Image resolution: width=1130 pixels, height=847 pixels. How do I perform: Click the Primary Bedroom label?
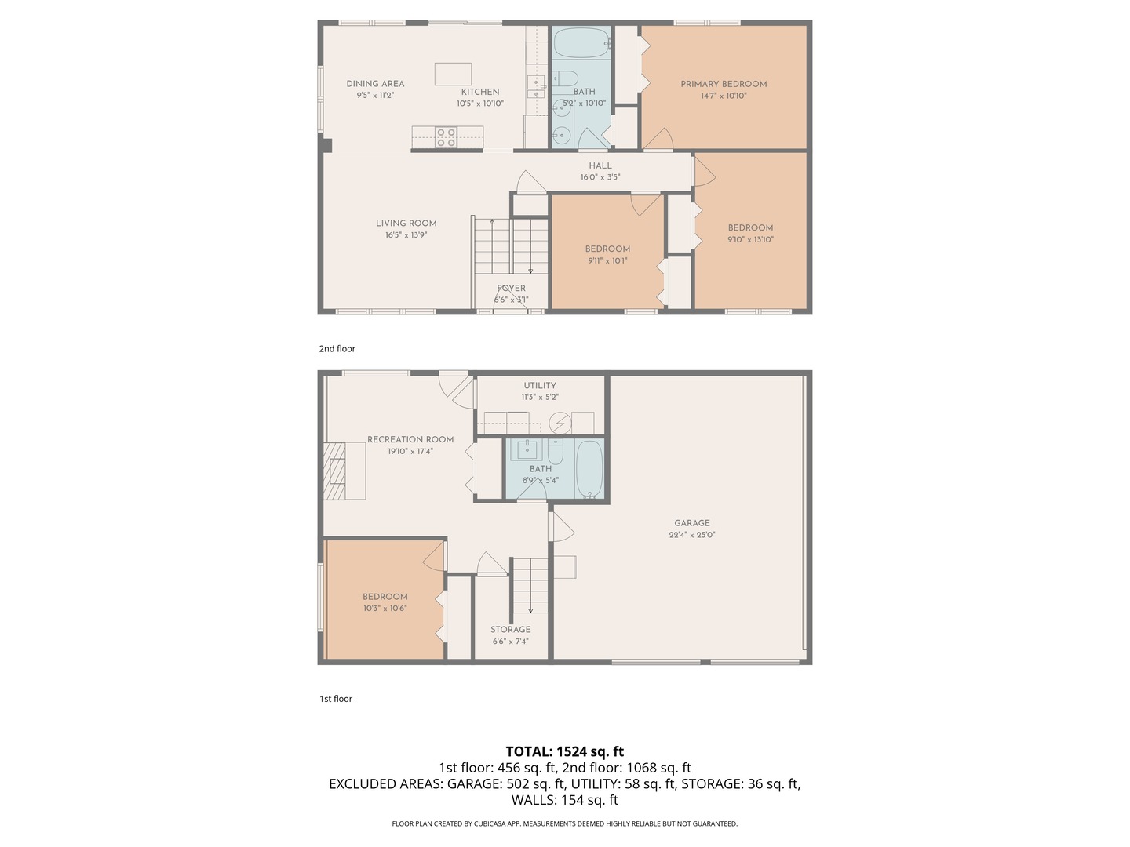pyautogui.click(x=724, y=84)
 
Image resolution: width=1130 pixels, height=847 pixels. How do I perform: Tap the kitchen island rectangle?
pyautogui.click(x=453, y=74)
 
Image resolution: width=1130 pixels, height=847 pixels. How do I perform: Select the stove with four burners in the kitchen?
pyautogui.click(x=447, y=137)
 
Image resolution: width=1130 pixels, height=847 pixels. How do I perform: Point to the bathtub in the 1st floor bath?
pyautogui.click(x=589, y=469)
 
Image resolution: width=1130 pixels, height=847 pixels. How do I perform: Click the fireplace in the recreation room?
pyautogui.click(x=335, y=471)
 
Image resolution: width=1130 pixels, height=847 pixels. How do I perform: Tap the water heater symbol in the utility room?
pyautogui.click(x=560, y=423)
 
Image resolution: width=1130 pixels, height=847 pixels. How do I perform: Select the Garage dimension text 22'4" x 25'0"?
pyautogui.click(x=691, y=535)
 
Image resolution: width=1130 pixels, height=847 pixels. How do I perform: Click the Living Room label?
pyautogui.click(x=406, y=223)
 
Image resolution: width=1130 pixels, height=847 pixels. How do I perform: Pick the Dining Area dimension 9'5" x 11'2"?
pyautogui.click(x=375, y=95)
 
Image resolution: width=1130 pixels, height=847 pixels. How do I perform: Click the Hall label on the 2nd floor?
pyautogui.click(x=600, y=165)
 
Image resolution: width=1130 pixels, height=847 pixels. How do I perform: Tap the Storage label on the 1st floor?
pyautogui.click(x=510, y=629)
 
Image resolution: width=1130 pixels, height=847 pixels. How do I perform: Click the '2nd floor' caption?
pyautogui.click(x=337, y=348)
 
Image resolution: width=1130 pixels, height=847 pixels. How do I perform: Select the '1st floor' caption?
pyautogui.click(x=335, y=699)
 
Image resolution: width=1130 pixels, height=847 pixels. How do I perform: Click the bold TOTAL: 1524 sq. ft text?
pyautogui.click(x=564, y=751)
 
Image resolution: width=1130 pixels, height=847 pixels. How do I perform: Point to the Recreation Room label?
pyautogui.click(x=410, y=439)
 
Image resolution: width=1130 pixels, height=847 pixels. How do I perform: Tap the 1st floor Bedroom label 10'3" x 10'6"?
pyautogui.click(x=385, y=596)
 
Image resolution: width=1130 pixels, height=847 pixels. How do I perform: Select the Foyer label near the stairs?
pyautogui.click(x=511, y=288)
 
